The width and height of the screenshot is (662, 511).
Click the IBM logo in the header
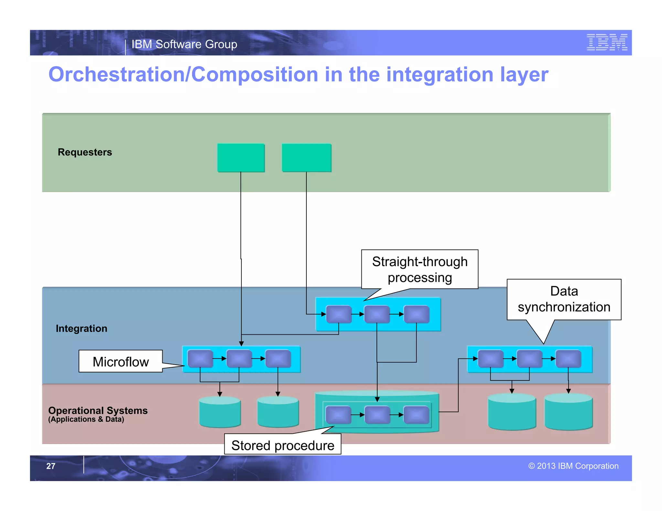pos(607,42)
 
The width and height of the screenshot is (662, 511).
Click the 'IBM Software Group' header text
pos(184,44)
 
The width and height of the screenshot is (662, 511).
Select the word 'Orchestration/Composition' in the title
pos(183,75)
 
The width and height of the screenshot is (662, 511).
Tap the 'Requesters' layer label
pos(85,152)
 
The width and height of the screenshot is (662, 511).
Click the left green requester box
pos(241,158)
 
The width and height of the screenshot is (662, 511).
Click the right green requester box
pos(306,158)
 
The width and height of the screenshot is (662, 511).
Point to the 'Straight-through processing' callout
pos(420,269)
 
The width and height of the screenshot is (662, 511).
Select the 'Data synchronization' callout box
pos(564,299)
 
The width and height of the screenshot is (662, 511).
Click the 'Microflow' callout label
pos(121,361)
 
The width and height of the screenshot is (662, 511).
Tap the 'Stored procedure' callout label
pos(283,445)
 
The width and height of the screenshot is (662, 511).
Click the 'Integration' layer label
pos(81,328)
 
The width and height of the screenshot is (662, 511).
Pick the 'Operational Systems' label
pos(98,411)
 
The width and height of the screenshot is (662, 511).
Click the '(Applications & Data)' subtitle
pos(86,419)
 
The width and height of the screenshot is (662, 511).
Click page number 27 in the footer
pos(51,466)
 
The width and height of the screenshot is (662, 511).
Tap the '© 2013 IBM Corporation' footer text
pos(573,466)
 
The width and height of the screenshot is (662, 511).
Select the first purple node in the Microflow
pos(200,359)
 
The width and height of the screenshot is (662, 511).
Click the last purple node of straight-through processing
pos(416,314)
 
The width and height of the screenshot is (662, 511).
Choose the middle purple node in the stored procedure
pos(377,415)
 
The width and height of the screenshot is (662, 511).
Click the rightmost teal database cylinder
pos(568,412)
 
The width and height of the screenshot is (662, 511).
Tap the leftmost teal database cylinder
pos(220,412)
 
